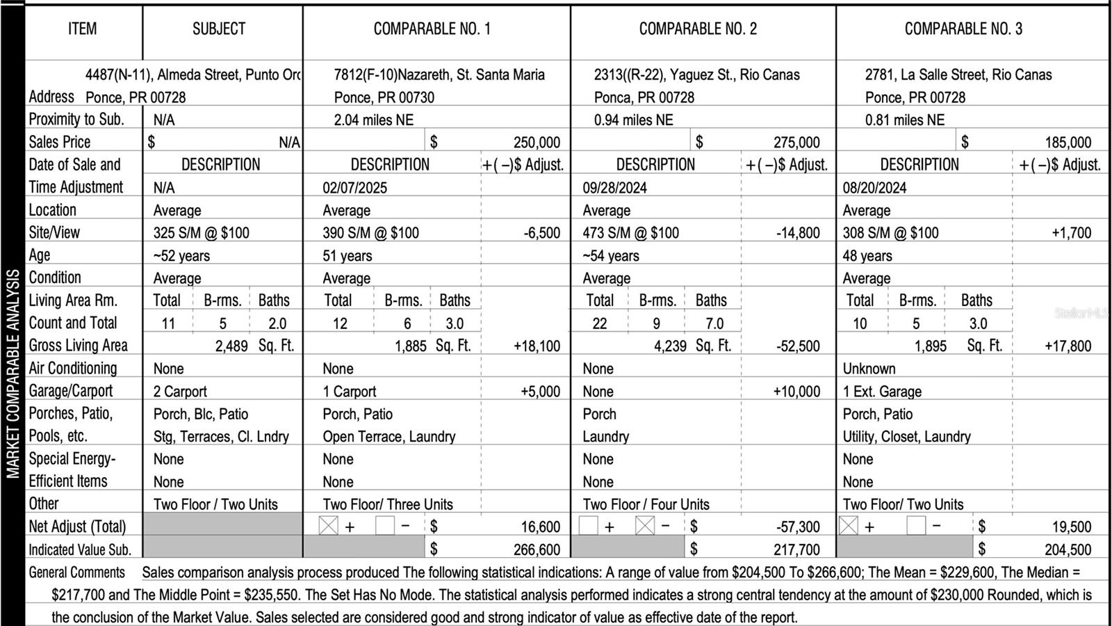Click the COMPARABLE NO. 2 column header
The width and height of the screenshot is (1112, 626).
pyautogui.click(x=698, y=29)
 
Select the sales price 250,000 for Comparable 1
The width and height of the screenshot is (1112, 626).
pyautogui.click(x=537, y=143)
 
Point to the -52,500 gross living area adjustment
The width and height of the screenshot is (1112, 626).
pyautogui.click(x=798, y=346)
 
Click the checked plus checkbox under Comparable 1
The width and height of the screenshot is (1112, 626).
pyautogui.click(x=328, y=526)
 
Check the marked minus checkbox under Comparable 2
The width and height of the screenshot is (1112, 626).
pyautogui.click(x=645, y=526)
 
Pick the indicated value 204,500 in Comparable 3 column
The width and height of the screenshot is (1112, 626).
pyautogui.click(x=1068, y=550)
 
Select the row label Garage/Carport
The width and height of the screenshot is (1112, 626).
pyautogui.click(x=70, y=391)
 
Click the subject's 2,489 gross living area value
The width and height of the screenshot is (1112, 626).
pyautogui.click(x=231, y=346)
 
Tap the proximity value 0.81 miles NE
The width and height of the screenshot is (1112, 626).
pyautogui.click(x=904, y=120)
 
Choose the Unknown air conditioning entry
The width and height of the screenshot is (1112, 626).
pyautogui.click(x=869, y=369)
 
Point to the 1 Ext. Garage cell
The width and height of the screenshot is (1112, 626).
pyautogui.click(x=882, y=392)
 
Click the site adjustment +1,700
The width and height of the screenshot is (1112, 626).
pyautogui.click(x=1071, y=233)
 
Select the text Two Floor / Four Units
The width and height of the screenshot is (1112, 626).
pyautogui.click(x=646, y=505)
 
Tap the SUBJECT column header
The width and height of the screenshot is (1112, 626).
pyautogui.click(x=219, y=29)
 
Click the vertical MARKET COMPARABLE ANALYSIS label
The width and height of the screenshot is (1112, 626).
pyautogui.click(x=13, y=374)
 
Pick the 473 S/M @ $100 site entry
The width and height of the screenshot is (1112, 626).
pyautogui.click(x=630, y=233)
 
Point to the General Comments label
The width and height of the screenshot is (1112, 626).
pyautogui.click(x=76, y=573)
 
